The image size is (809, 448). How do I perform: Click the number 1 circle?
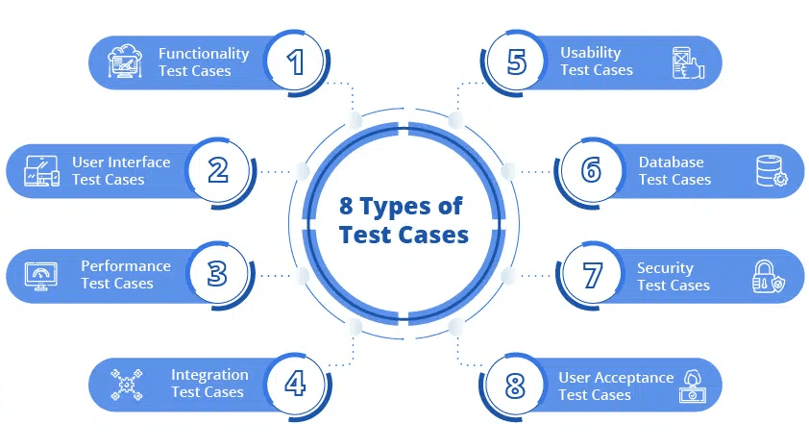(x=296, y=62)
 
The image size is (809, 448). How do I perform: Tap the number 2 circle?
(x=218, y=170)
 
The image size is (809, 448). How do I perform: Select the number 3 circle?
(x=218, y=274)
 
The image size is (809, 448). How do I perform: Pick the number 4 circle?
(x=296, y=383)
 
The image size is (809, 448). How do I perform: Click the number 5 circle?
(x=517, y=62)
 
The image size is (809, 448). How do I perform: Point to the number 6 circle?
(x=592, y=170)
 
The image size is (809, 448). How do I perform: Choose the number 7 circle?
(x=592, y=274)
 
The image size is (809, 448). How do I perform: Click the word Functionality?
(x=204, y=54)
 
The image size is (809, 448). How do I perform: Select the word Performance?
(x=126, y=266)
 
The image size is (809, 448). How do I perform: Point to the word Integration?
(x=209, y=375)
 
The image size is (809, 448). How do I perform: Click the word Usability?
(x=591, y=53)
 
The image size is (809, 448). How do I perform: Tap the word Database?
(x=671, y=162)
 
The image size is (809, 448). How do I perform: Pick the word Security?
(x=665, y=268)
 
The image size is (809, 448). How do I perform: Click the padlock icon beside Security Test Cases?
(x=768, y=277)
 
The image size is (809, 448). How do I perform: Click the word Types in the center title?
(x=414, y=207)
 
